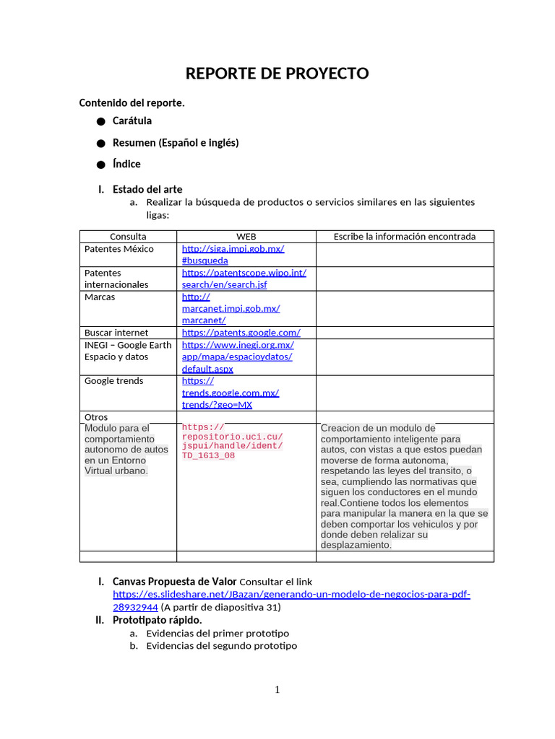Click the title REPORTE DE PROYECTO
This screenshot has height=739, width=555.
pyautogui.click(x=277, y=74)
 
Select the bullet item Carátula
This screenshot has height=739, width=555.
pyautogui.click(x=132, y=121)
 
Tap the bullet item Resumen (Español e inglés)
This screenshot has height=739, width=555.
pyautogui.click(x=176, y=142)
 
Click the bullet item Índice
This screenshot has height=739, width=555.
pyautogui.click(x=126, y=164)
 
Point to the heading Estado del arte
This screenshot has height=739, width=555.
pyautogui.click(x=147, y=189)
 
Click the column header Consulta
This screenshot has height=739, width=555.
pyautogui.click(x=128, y=236)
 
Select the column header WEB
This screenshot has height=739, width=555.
pyautogui.click(x=246, y=236)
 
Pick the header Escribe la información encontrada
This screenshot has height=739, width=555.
pyautogui.click(x=405, y=236)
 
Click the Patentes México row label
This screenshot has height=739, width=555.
pyautogui.click(x=119, y=249)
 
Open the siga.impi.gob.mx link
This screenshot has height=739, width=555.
pyautogui.click(x=233, y=249)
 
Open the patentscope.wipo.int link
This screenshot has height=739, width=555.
pyautogui.click(x=244, y=273)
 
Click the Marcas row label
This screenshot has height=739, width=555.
pyautogui.click(x=100, y=297)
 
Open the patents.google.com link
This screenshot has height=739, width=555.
pyautogui.click(x=241, y=333)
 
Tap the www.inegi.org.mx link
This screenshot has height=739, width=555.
pyautogui.click(x=238, y=345)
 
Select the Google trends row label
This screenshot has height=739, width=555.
pyautogui.click(x=114, y=381)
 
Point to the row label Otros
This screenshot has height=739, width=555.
pyautogui.click(x=96, y=417)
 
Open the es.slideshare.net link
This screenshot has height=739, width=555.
pyautogui.click(x=291, y=595)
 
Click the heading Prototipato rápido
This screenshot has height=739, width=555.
pyautogui.click(x=158, y=620)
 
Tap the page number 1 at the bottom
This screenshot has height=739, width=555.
pyautogui.click(x=277, y=690)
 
